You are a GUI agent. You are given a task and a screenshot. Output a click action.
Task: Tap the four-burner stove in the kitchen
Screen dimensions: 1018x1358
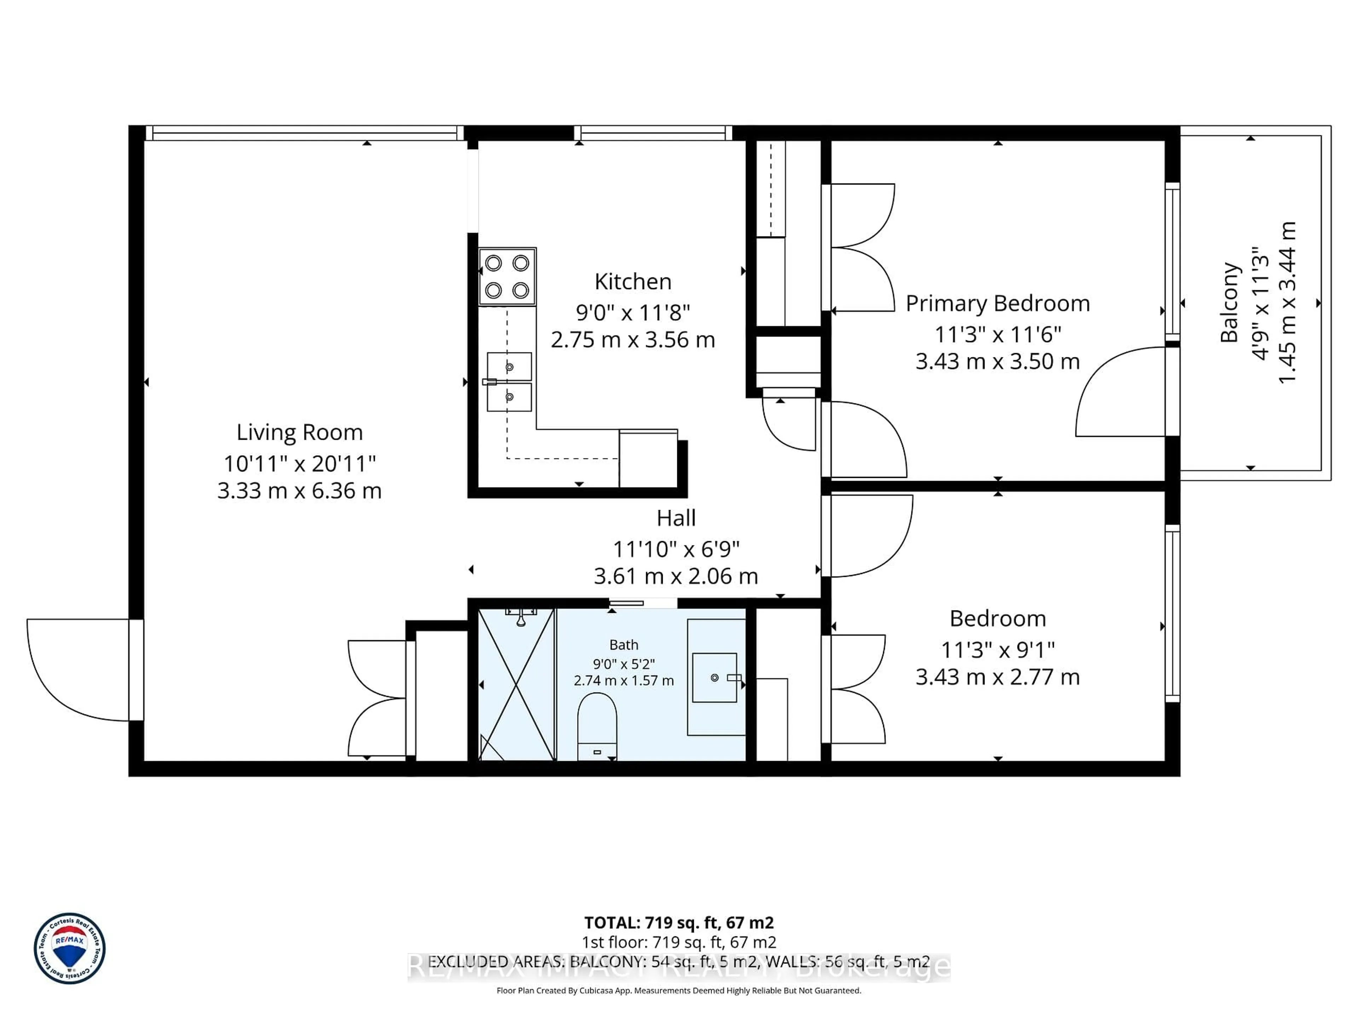pos(507,277)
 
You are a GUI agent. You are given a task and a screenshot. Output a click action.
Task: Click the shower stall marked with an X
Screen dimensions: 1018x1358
pos(516,684)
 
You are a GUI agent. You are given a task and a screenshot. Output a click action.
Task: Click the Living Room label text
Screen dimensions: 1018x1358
pos(300,433)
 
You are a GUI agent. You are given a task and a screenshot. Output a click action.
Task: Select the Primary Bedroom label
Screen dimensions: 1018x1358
pos(998,303)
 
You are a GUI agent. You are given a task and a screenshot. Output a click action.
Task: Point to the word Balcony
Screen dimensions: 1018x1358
pos(1229,303)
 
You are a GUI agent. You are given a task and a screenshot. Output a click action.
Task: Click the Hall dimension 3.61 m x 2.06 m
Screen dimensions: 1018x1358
pos(675,576)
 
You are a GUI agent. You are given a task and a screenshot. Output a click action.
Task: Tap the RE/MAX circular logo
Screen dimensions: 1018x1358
pos(69,948)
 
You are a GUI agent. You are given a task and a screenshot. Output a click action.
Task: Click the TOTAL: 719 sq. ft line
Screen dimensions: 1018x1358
pos(678,923)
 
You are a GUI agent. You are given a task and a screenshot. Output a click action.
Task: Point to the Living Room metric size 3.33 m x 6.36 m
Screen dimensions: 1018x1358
pos(300,491)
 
